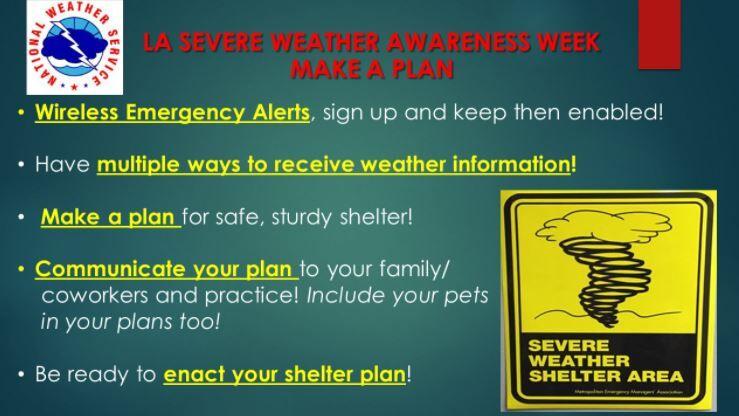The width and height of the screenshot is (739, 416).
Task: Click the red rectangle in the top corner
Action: point(687,31)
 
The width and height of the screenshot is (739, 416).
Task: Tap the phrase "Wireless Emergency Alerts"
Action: point(172,112)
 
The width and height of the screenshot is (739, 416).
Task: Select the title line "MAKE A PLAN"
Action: point(371,69)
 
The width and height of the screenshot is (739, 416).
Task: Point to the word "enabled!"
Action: point(621,112)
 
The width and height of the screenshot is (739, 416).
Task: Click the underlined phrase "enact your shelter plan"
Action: point(284,375)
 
